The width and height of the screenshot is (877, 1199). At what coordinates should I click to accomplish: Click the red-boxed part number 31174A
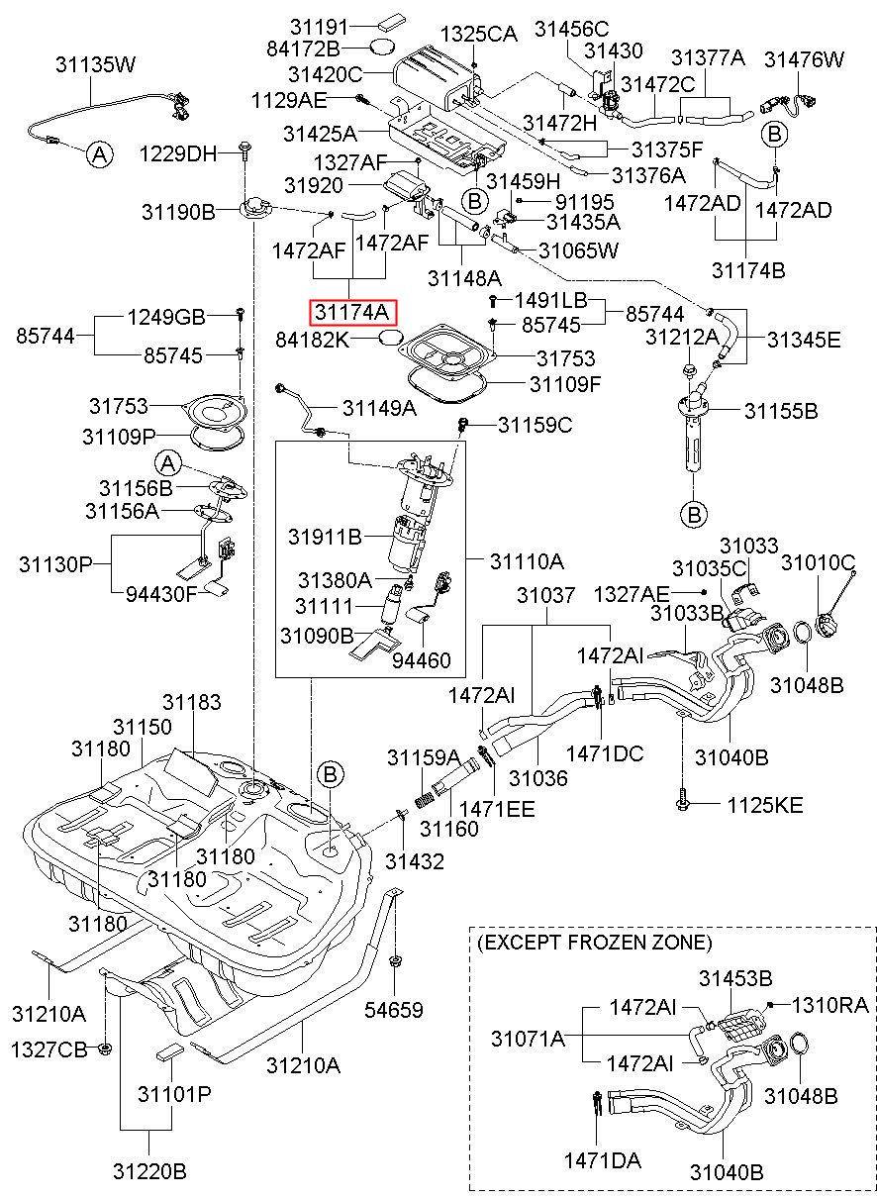[x=352, y=313]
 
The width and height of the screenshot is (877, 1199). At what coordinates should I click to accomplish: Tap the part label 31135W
[x=96, y=64]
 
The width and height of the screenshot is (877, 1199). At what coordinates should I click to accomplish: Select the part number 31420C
[x=326, y=74]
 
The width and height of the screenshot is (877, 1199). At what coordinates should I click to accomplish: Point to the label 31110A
[x=527, y=561]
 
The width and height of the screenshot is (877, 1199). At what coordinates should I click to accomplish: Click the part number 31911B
[x=326, y=537]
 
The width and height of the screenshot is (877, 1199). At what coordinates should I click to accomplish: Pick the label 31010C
[x=819, y=562]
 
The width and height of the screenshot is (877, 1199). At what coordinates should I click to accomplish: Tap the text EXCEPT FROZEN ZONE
[x=595, y=942]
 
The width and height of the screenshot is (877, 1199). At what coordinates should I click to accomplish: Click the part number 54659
[x=394, y=1010]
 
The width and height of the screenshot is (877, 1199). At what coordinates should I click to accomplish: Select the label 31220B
[x=149, y=1168]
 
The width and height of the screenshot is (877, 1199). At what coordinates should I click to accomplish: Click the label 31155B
[x=781, y=411]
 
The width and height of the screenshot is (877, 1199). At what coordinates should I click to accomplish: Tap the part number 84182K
[x=313, y=340]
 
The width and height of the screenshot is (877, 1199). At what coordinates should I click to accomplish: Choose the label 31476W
[x=804, y=59]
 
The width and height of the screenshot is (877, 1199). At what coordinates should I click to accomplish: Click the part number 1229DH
[x=179, y=154]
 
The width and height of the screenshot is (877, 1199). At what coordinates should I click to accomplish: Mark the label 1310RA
[x=830, y=1005]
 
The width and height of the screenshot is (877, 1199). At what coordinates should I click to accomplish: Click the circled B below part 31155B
[x=694, y=515]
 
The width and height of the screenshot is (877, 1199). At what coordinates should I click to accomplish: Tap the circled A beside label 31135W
[x=99, y=155]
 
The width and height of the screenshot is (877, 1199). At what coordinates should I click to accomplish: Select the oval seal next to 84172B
[x=383, y=48]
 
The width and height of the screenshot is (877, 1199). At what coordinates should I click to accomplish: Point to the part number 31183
[x=192, y=702]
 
